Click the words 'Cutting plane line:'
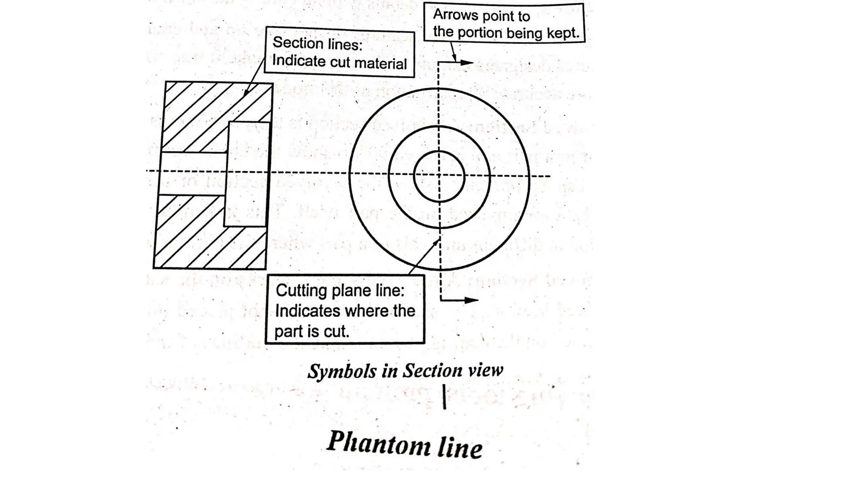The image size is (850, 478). point(340,290)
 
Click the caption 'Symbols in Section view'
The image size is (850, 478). point(405,371)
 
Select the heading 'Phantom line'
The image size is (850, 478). point(405,444)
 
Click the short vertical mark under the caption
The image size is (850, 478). point(445,397)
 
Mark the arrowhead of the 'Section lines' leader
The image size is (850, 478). point(246,93)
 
